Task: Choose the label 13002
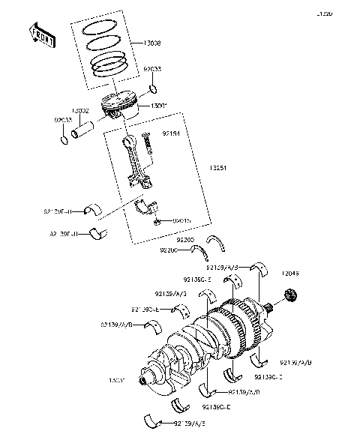[x=81, y=110]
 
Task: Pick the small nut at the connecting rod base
[x=157, y=222]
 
